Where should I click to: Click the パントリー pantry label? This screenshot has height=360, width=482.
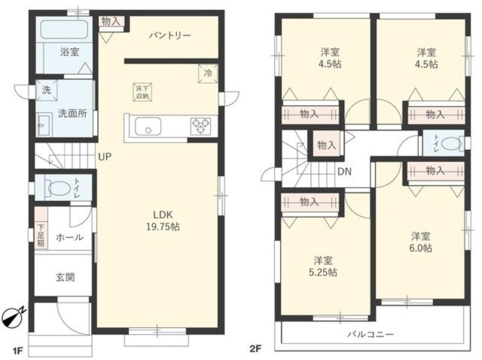170,36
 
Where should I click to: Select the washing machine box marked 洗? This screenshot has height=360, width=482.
47,90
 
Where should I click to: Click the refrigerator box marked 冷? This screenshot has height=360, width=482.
208,73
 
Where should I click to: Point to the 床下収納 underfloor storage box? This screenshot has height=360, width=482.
142,92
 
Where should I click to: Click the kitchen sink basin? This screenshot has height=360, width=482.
148,126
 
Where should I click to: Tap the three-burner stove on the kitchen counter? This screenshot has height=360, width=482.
201,126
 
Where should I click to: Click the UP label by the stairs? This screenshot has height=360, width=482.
104,157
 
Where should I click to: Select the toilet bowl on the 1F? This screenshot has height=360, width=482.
58,188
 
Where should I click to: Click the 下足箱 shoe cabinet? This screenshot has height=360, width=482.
41,228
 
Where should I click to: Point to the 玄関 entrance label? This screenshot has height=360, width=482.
65,278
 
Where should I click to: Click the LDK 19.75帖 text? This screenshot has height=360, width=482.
163,220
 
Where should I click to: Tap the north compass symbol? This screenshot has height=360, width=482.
12,315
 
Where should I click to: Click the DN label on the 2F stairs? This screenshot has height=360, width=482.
344,172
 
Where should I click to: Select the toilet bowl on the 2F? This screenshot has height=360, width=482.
451,143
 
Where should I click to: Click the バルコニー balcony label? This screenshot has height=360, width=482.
371,334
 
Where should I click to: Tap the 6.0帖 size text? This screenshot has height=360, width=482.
421,248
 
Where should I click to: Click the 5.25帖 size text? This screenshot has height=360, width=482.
323,273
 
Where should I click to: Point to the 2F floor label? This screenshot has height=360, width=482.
255,349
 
